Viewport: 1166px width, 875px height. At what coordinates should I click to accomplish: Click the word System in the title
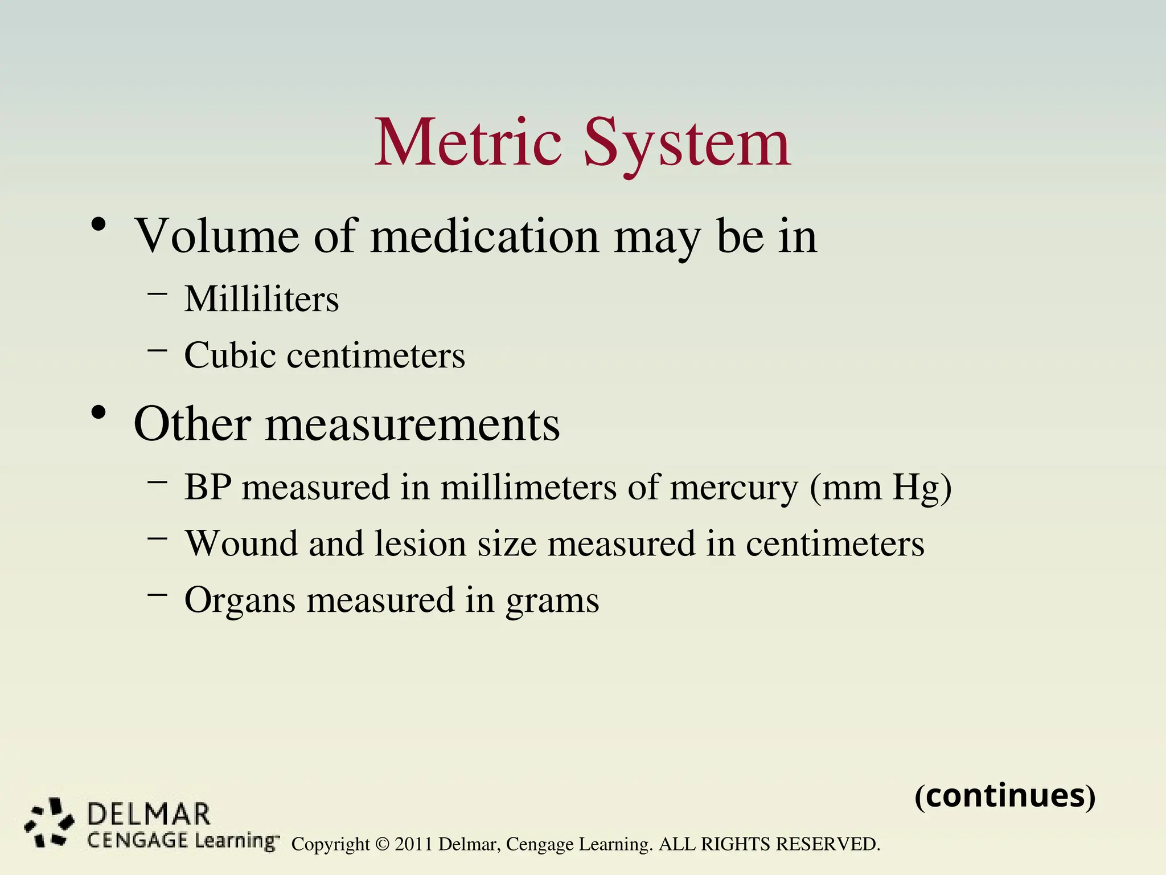(x=687, y=144)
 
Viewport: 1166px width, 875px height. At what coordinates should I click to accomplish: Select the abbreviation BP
(x=208, y=487)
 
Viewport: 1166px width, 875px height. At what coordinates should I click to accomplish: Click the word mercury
(x=734, y=488)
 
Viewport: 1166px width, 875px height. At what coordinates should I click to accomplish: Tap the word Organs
(x=240, y=600)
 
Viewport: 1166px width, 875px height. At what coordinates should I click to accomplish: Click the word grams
(x=552, y=602)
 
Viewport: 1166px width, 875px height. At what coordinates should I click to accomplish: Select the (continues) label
(x=1005, y=796)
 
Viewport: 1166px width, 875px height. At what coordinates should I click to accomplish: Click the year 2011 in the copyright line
(x=414, y=844)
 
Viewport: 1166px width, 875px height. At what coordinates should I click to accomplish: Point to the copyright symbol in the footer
(x=382, y=844)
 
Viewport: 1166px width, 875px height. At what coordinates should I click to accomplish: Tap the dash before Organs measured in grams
(x=157, y=594)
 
